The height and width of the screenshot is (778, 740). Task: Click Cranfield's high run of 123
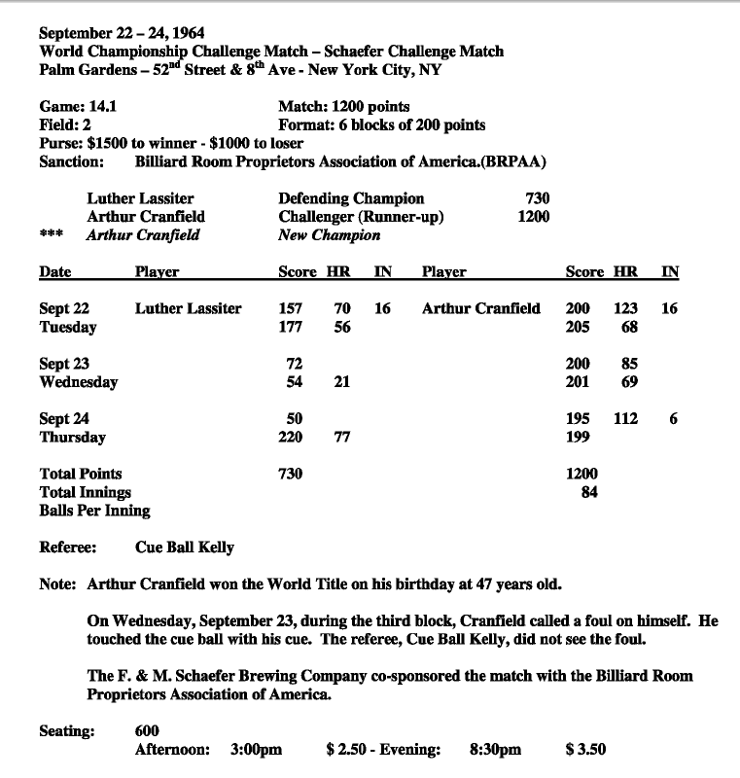625,308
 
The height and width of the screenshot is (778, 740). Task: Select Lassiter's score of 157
291,308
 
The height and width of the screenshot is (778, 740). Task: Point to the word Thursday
73,438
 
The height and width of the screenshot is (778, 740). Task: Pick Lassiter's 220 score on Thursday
291,438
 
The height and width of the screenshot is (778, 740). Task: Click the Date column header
55,272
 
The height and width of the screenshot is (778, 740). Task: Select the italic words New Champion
330,234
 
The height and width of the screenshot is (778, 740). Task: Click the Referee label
67,548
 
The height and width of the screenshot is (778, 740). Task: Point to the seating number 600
148,731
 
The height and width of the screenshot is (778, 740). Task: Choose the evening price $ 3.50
585,750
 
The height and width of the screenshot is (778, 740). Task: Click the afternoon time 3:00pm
257,750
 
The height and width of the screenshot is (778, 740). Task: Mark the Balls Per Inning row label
94,511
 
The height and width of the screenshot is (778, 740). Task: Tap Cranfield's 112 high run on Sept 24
625,419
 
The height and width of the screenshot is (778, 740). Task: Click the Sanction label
71,161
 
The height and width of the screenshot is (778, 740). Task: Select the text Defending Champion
351,198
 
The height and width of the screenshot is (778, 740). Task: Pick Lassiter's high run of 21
341,382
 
